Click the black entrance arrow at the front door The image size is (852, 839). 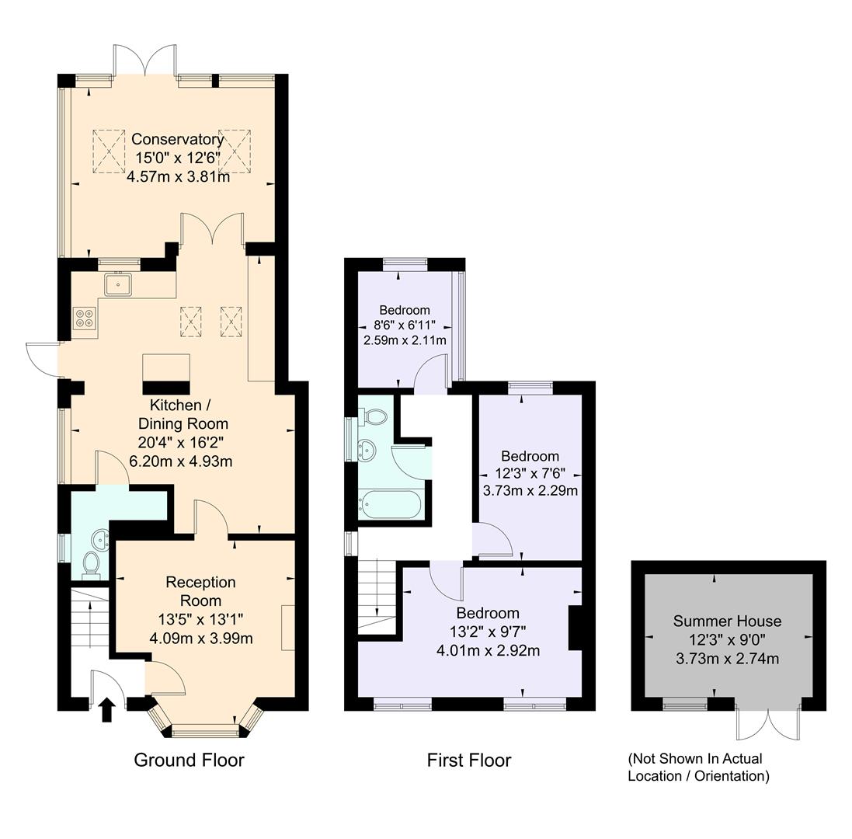click(x=107, y=709)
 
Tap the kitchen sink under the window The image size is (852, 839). click(x=119, y=285)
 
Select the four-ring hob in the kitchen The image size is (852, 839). click(x=84, y=318)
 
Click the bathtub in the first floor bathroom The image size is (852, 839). click(x=390, y=506)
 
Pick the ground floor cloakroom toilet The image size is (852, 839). click(x=90, y=565)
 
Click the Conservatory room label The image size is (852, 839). click(x=177, y=140)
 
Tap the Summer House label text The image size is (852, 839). click(x=727, y=621)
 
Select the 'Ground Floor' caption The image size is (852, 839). click(x=189, y=760)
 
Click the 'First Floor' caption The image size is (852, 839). click(x=469, y=760)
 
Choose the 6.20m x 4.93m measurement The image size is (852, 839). click(x=184, y=461)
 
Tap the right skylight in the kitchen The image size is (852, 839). click(x=231, y=321)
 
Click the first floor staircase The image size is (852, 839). click(x=377, y=597)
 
